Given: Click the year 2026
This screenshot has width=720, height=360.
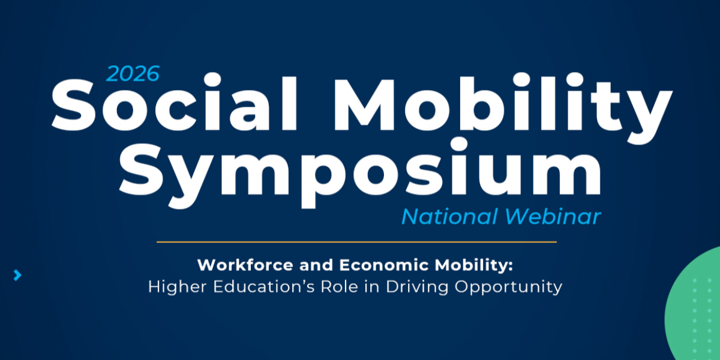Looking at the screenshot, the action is pyautogui.click(x=133, y=74).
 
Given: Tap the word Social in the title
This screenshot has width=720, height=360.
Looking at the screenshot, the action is pyautogui.click(x=174, y=102).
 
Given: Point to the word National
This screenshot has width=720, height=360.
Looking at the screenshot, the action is pyautogui.click(x=449, y=217).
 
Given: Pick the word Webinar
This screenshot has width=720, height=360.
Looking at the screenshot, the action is pyautogui.click(x=553, y=217).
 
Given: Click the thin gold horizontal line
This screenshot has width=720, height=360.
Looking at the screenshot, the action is pyautogui.click(x=356, y=242).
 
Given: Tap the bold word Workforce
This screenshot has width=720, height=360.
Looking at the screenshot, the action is pyautogui.click(x=245, y=265).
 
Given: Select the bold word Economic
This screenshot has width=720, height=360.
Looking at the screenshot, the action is pyautogui.click(x=384, y=265).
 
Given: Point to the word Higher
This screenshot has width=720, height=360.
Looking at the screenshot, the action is pyautogui.click(x=177, y=286).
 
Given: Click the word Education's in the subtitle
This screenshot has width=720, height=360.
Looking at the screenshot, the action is pyautogui.click(x=264, y=286).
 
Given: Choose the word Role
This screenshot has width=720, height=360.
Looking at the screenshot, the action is pyautogui.click(x=340, y=286).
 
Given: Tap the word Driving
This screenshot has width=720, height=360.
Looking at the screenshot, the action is pyautogui.click(x=417, y=287).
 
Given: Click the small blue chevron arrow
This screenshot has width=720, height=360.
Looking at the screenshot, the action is pyautogui.click(x=17, y=275).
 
